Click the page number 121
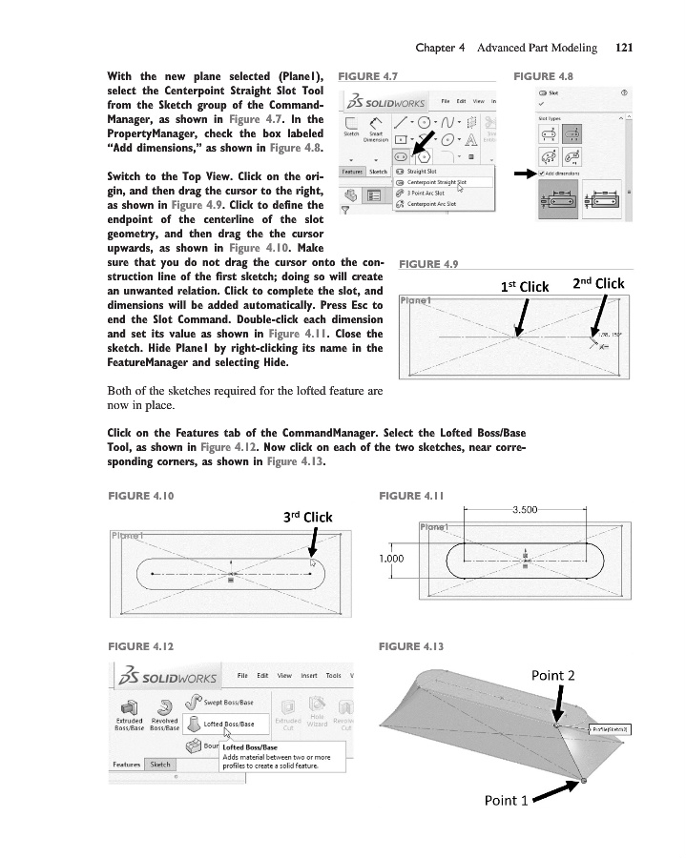click(625, 47)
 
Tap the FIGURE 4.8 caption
click(542, 74)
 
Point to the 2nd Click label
click(597, 283)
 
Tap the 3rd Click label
click(308, 518)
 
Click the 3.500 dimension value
click(529, 510)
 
